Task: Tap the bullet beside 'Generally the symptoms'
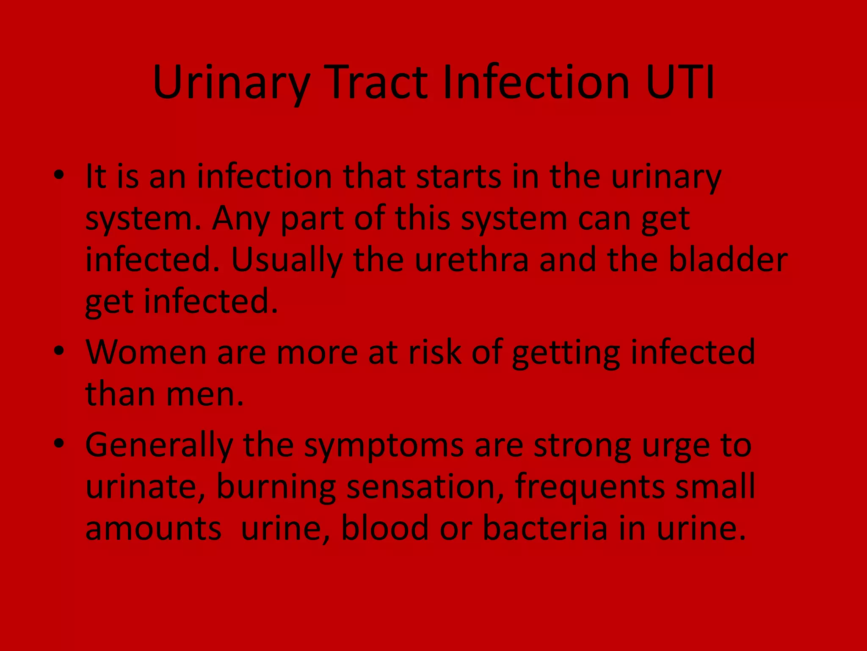[x=59, y=443]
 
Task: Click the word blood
[x=385, y=528]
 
